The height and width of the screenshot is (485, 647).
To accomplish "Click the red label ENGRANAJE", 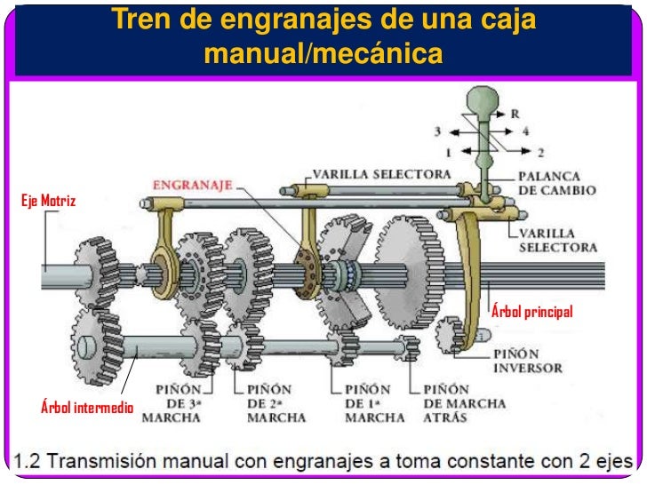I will point(192,186).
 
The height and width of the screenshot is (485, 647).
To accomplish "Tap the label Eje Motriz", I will point(49,202).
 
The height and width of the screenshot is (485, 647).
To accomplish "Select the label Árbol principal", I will point(532,313).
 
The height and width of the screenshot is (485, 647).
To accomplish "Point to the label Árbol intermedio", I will point(87,409).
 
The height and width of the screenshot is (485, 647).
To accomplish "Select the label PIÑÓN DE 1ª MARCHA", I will point(367,402).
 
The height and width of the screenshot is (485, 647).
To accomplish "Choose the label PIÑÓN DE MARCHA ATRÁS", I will point(464,402).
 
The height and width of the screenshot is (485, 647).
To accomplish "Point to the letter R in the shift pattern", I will point(515,114).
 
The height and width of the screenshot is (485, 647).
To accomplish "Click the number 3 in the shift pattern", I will point(437,131).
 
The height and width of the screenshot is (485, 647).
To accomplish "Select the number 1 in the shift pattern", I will point(449,152).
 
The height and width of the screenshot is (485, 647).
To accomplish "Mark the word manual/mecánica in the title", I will point(323,54).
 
